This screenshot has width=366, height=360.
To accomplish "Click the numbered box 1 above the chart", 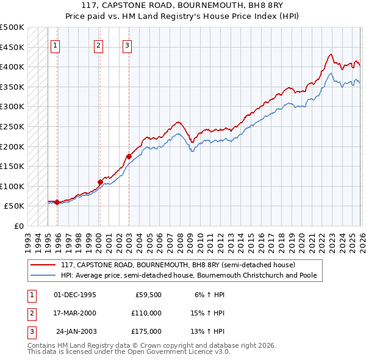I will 55,45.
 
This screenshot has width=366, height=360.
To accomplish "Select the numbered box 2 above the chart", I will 98,45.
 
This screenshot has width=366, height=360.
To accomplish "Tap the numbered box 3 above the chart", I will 127,45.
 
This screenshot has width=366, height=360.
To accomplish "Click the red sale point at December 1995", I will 57,202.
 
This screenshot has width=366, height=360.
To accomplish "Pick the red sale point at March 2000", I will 100,182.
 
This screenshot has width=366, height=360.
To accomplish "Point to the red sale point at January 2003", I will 129,156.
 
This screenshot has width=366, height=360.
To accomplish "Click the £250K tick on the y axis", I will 12,126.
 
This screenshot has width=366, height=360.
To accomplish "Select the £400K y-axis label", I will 12,67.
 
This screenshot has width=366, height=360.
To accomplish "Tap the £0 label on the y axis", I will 18,226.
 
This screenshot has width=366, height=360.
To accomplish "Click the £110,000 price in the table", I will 146,313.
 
